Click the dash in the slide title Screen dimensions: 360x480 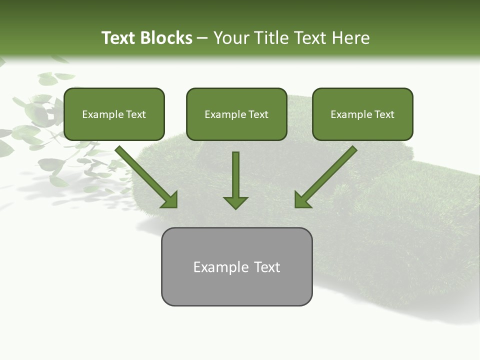202,38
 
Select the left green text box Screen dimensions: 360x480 114,114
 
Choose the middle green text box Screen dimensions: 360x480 236,114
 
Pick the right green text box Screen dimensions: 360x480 362,114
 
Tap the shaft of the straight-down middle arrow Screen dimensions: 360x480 235,172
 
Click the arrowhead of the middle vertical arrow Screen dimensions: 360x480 235,202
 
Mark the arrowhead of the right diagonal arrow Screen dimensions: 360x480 303,199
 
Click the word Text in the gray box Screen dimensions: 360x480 267,267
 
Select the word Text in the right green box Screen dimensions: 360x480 384,114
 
